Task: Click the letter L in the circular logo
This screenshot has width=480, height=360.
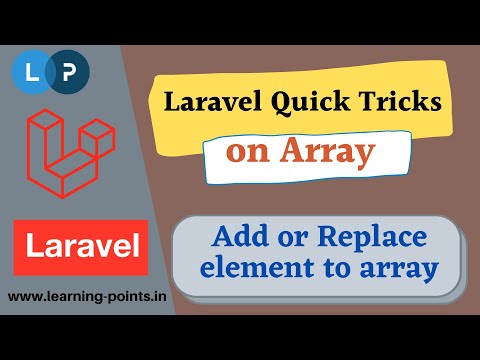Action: (30, 72)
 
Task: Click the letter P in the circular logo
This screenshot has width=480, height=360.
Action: (67, 72)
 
